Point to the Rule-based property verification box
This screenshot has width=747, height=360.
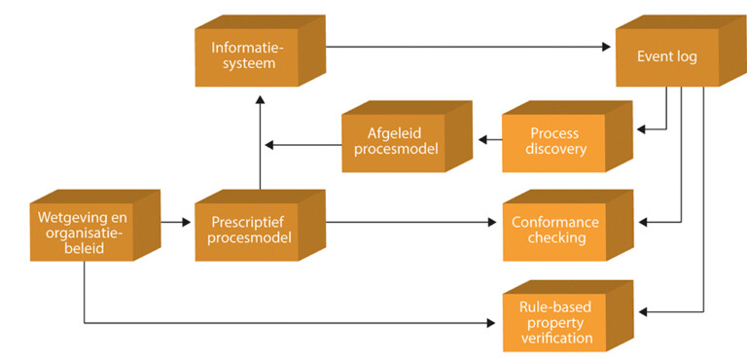[x=555, y=321]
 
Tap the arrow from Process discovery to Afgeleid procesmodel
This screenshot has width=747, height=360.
[x=486, y=137]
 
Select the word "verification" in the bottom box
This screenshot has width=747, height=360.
[x=555, y=339]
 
